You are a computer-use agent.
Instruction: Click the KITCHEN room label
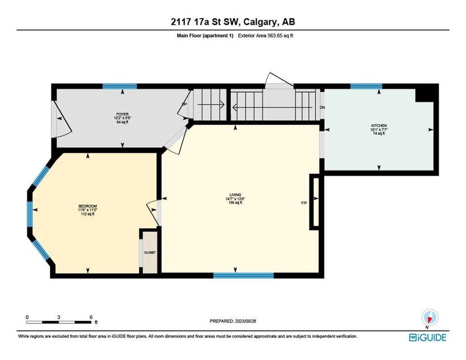click(x=378, y=126)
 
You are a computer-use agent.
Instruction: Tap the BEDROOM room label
click(x=88, y=206)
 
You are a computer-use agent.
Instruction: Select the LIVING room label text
click(x=235, y=195)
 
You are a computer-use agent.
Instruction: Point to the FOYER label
click(x=123, y=114)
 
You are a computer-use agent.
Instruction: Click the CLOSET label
click(x=150, y=252)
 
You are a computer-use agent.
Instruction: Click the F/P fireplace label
click(x=304, y=203)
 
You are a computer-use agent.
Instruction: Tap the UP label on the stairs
click(x=185, y=104)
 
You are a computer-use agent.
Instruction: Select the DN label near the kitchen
click(x=322, y=107)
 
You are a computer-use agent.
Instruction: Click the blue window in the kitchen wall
click(x=366, y=86)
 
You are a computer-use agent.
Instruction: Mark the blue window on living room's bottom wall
click(x=243, y=276)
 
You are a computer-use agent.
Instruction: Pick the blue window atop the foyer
click(x=120, y=86)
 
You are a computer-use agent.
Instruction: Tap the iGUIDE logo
click(x=428, y=337)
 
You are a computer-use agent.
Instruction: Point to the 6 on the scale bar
click(x=90, y=317)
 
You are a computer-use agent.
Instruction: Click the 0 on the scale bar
click(x=27, y=317)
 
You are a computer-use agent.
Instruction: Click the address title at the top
click(x=233, y=22)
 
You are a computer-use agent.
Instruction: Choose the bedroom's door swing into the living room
click(x=153, y=210)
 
